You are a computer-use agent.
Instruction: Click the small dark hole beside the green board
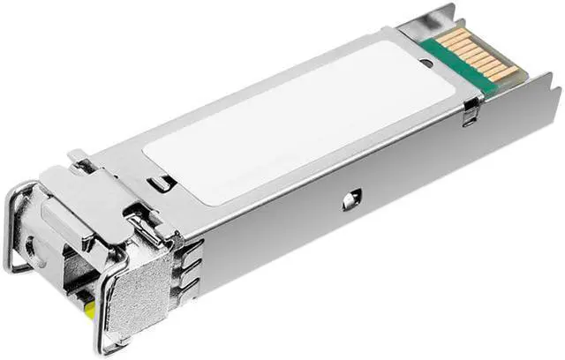tap(428, 62)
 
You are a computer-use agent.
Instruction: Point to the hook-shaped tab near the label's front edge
tap(159, 183)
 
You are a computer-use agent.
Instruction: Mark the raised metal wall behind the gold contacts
tap(424, 21)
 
